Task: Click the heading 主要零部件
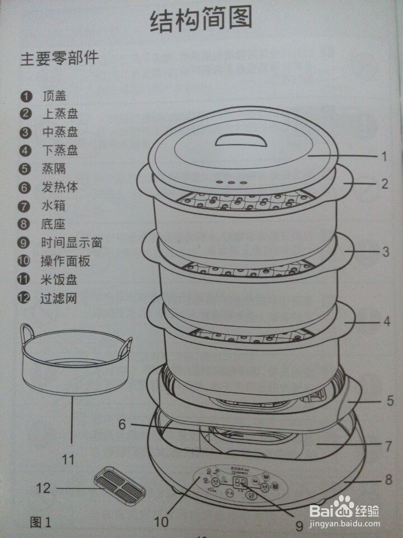click(59, 59)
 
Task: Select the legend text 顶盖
click(54, 96)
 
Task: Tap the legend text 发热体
click(60, 187)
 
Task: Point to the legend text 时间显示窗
click(72, 243)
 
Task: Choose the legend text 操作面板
click(65, 261)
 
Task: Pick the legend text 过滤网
click(60, 298)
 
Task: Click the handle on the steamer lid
click(241, 138)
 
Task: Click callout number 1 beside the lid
click(384, 157)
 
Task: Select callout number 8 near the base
click(388, 480)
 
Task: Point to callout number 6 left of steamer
click(123, 424)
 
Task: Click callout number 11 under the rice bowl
click(68, 460)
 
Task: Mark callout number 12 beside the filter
click(43, 488)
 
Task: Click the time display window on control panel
click(241, 483)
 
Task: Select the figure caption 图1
click(40, 523)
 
